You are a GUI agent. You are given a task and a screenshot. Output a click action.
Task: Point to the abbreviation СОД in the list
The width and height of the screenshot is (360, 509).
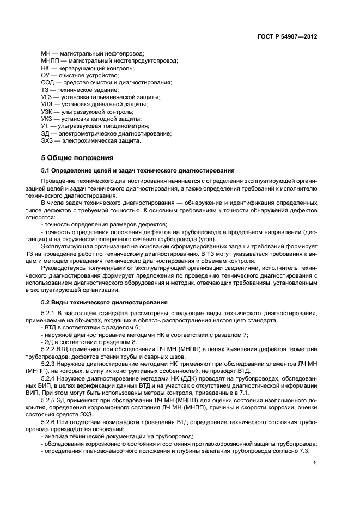tap(48, 83)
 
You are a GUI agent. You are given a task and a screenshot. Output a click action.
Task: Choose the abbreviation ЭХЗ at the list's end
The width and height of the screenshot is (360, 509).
tap(48, 141)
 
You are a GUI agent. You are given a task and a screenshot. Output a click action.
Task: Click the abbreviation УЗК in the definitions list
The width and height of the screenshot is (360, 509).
tap(47, 112)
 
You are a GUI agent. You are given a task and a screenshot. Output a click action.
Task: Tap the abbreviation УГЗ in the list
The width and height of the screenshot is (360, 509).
tap(47, 97)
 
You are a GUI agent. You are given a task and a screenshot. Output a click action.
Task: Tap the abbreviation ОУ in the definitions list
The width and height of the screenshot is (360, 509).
tap(46, 76)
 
